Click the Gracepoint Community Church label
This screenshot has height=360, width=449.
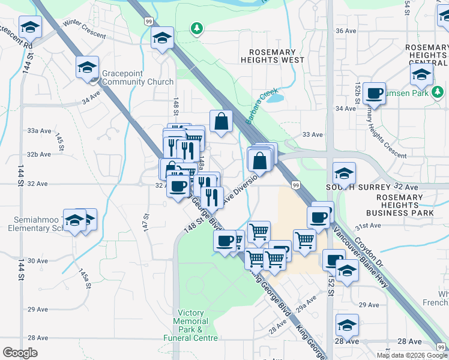[137, 77]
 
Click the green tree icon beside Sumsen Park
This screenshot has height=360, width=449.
[439, 92]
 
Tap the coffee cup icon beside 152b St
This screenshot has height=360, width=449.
[375, 94]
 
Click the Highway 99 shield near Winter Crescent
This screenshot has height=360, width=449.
[148, 22]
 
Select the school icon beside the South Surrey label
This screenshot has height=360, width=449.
[344, 173]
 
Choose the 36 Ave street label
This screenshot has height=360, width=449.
[346, 31]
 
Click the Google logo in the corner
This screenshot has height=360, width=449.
[20, 352]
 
